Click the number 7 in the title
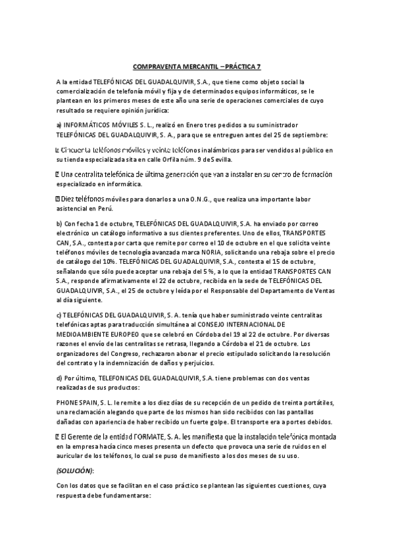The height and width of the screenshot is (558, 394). point(259,68)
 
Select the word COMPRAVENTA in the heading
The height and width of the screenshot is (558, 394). point(153,68)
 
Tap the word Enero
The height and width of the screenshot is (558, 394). point(178,124)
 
